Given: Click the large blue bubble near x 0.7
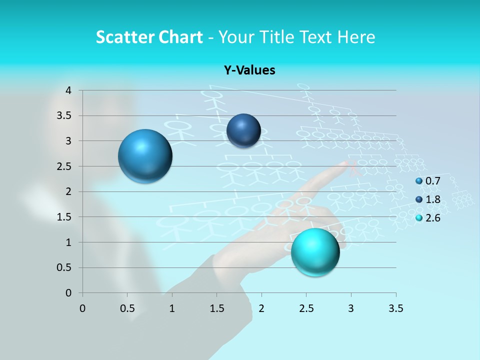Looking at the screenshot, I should pos(145,156).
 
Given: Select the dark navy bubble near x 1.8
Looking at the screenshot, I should pos(243,130).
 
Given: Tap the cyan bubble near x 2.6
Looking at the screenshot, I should pos(315,251).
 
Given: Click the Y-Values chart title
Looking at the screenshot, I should pos(249,70).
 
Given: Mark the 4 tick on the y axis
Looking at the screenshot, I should pos(68,90).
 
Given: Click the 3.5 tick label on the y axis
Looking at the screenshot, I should pos(65,115).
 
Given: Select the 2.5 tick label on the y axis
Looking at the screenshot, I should pos(65,166).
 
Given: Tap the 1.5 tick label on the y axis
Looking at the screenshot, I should pos(65,217).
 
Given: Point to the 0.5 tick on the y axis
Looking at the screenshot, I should pos(65,267).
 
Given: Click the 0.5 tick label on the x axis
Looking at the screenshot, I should pos(127,308).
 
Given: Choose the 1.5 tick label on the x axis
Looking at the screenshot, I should pos(216,308).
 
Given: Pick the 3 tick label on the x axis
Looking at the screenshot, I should pos(350,308).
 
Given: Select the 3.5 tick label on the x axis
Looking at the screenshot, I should pos(395,308).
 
